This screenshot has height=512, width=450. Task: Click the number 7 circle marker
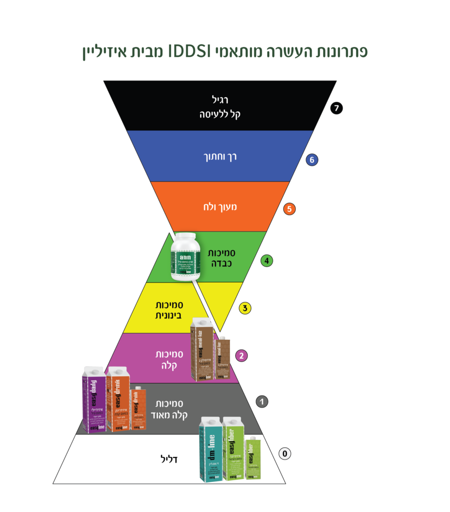tap(337, 108)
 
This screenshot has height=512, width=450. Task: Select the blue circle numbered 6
tap(312, 160)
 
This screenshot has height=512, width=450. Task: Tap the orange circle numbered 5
tap(289, 209)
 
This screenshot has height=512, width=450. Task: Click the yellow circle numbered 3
tap(245, 308)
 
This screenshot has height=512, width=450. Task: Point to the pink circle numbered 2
tap(242, 356)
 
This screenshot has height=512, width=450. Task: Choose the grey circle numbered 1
tap(262, 401)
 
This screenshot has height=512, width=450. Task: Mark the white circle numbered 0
tap(284, 454)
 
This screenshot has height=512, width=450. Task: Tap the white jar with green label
tap(185, 256)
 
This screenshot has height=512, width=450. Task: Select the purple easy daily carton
tap(94, 399)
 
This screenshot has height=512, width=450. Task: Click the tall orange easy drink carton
tap(118, 399)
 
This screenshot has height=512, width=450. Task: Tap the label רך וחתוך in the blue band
tap(220, 156)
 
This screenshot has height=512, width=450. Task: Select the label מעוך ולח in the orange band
tap(220, 206)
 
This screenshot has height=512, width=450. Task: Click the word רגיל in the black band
tap(220, 100)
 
